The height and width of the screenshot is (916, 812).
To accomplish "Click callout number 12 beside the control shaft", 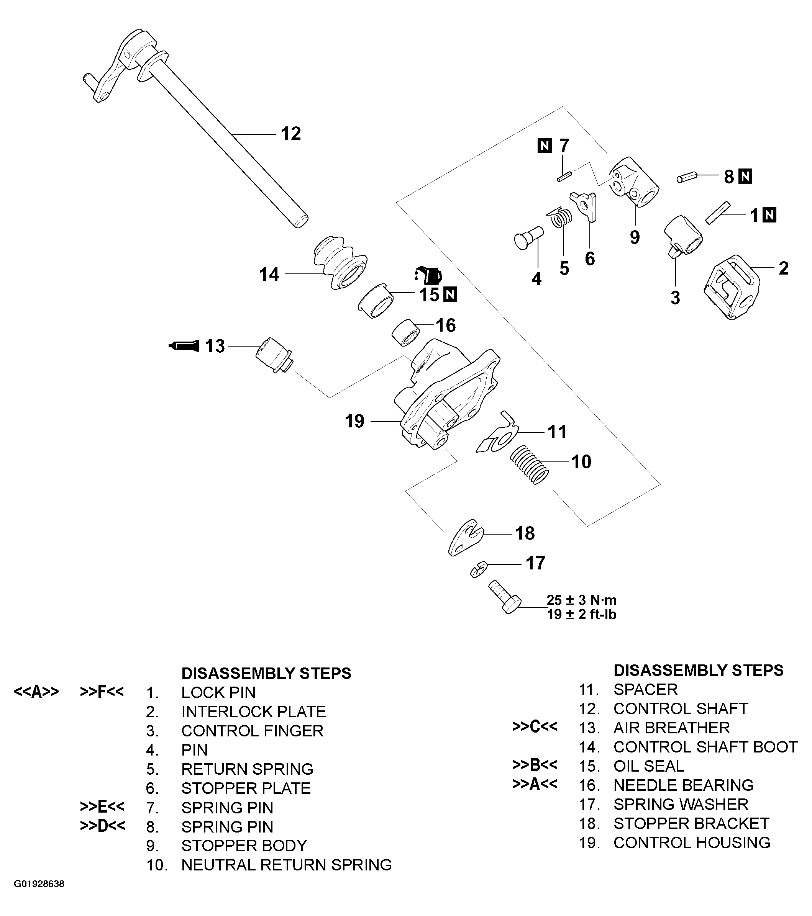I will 290,134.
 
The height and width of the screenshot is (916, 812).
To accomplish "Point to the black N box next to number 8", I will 745,176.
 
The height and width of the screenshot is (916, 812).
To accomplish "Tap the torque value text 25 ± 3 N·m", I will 582,600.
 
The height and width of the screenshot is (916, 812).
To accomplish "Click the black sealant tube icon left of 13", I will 184,345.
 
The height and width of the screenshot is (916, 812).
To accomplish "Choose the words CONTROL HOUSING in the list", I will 691,842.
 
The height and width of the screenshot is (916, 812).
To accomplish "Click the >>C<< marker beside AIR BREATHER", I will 535,727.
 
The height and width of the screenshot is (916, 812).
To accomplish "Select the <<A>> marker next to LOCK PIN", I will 36,692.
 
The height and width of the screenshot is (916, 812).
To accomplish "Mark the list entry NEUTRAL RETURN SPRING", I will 286,864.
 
